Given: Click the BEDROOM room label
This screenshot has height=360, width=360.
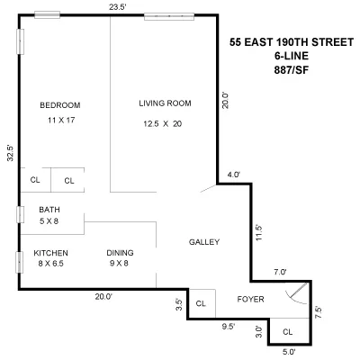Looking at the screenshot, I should click(x=59, y=105).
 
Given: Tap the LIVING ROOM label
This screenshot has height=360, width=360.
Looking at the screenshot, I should click(x=166, y=102).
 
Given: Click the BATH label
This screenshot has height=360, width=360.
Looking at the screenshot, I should click(x=49, y=211).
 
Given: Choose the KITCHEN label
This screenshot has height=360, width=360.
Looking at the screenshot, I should click(x=50, y=253).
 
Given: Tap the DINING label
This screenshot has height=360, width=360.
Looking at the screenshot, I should click(x=120, y=253).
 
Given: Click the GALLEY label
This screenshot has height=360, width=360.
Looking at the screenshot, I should click(x=204, y=242).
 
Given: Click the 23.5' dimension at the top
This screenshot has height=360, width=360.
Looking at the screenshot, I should click(x=117, y=7).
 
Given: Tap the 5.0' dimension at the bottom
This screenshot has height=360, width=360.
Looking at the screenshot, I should click(x=288, y=352).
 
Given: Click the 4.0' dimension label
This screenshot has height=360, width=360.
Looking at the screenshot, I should click(x=233, y=175).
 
